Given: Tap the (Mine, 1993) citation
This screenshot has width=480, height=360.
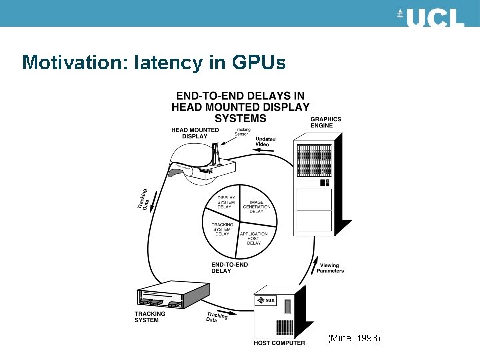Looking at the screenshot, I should (354, 339).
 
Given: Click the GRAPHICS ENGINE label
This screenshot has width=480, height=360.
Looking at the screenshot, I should (325, 122).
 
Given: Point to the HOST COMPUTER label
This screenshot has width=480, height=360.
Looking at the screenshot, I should (279, 343).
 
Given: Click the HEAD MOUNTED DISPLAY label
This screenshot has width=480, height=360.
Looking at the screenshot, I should (195, 133).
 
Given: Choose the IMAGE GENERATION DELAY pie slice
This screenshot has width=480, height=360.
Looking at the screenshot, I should (257, 207).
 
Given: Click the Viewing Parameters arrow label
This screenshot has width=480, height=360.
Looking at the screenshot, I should (329, 267).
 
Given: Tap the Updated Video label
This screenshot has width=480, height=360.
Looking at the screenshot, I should (264, 142).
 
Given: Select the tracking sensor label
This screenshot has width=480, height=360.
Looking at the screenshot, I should (243, 132).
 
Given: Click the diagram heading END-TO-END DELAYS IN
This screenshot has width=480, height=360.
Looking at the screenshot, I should (240, 97).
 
